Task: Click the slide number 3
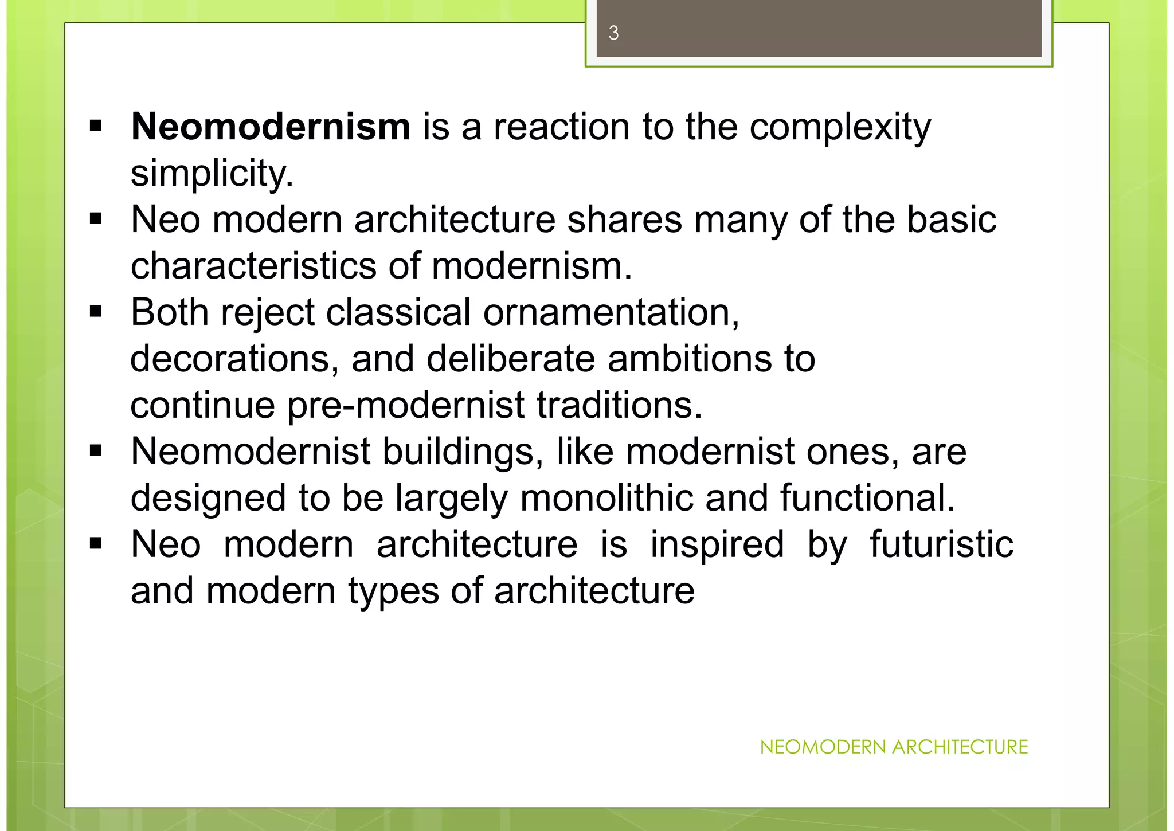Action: coord(613,33)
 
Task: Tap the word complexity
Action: coord(840,127)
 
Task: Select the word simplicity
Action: coord(212,173)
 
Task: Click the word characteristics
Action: coord(253,266)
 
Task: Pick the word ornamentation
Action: coord(611,313)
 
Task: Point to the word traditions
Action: coord(620,406)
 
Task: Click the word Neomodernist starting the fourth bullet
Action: coord(251,452)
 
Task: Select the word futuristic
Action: coord(941,544)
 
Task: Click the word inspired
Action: coord(717,544)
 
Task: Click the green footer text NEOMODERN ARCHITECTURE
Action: coord(894,747)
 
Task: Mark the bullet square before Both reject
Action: coord(96,312)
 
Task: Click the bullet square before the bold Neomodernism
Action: coord(96,126)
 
